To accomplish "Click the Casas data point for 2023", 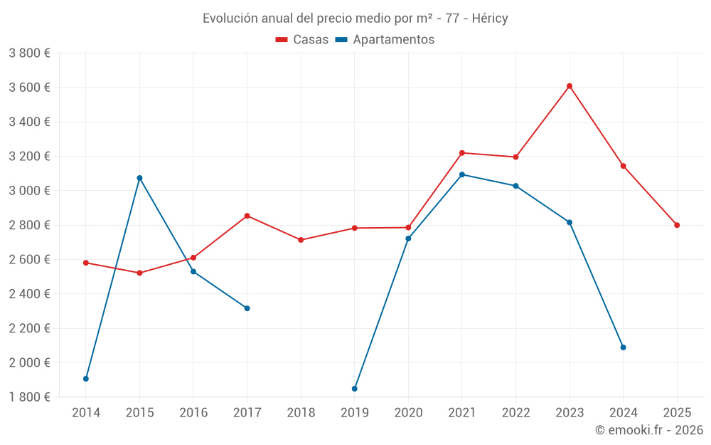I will (570, 86).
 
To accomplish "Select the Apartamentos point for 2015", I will (139, 178).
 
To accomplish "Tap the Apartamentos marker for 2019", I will (355, 389).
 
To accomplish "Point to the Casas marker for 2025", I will (677, 225).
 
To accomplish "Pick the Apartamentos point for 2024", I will (624, 347).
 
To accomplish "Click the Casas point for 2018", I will (301, 240).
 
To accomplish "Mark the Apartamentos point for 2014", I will (86, 379).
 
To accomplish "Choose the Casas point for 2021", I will (462, 153).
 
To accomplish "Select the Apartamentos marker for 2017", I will (247, 308).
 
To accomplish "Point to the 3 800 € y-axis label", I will (29, 53).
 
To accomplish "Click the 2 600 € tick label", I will (29, 260).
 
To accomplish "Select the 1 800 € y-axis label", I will (29, 397).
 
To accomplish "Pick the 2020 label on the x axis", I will (408, 413).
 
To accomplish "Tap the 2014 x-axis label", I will (86, 413).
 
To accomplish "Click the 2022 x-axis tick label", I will (515, 413).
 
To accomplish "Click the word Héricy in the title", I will (490, 19).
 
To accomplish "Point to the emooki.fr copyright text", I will (649, 430).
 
